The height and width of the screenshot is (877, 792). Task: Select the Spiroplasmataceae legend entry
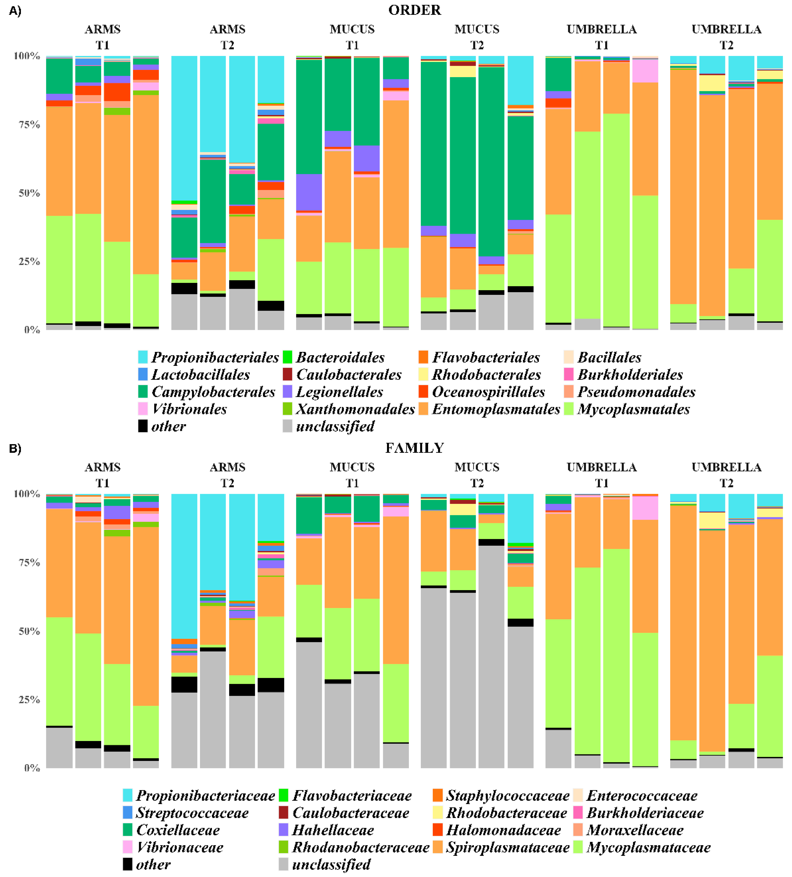507,847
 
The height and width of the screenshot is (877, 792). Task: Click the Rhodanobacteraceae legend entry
360,847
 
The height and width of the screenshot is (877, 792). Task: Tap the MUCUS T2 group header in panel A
477,37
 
